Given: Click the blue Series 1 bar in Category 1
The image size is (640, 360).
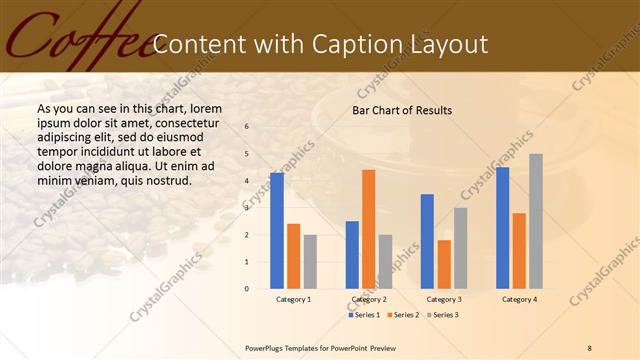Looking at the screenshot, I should [276, 231].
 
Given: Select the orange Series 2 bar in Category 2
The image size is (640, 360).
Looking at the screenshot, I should [368, 229].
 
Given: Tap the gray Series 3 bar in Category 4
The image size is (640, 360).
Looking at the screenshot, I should [536, 221].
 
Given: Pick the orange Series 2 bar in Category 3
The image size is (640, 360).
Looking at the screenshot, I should [444, 264].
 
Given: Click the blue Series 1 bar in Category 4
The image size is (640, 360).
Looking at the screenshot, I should [502, 228].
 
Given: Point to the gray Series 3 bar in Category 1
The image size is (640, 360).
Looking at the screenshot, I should [310, 262].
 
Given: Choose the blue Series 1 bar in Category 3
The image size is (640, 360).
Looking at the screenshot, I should [427, 241].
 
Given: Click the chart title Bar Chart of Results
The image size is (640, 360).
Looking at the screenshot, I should [401, 110].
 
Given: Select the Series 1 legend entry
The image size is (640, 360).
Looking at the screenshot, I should [364, 315].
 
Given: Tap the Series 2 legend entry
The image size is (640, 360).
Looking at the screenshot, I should [402, 315].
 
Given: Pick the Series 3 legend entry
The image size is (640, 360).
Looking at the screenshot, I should [440, 315].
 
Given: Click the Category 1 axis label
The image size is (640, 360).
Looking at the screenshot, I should [293, 299].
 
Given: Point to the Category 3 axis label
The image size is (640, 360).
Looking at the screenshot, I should [444, 299].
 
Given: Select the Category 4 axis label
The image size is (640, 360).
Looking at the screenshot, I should [519, 299].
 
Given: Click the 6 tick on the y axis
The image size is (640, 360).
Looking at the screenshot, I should [247, 127].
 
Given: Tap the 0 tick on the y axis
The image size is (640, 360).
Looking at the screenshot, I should [247, 289].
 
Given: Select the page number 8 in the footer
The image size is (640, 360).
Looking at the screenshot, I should [590, 347].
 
